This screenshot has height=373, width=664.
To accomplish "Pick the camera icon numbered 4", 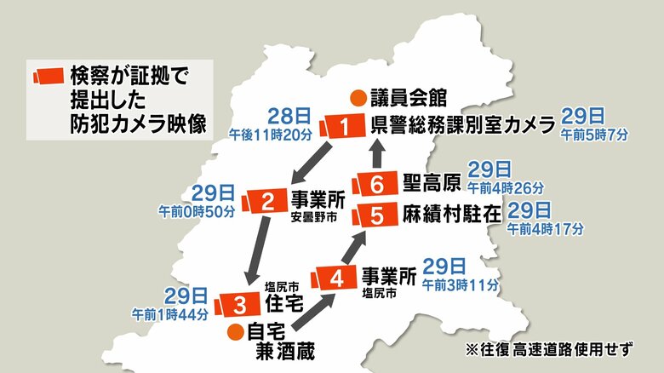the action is click(x=335, y=278).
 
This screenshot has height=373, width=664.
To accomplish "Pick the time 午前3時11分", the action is click(x=461, y=284).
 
